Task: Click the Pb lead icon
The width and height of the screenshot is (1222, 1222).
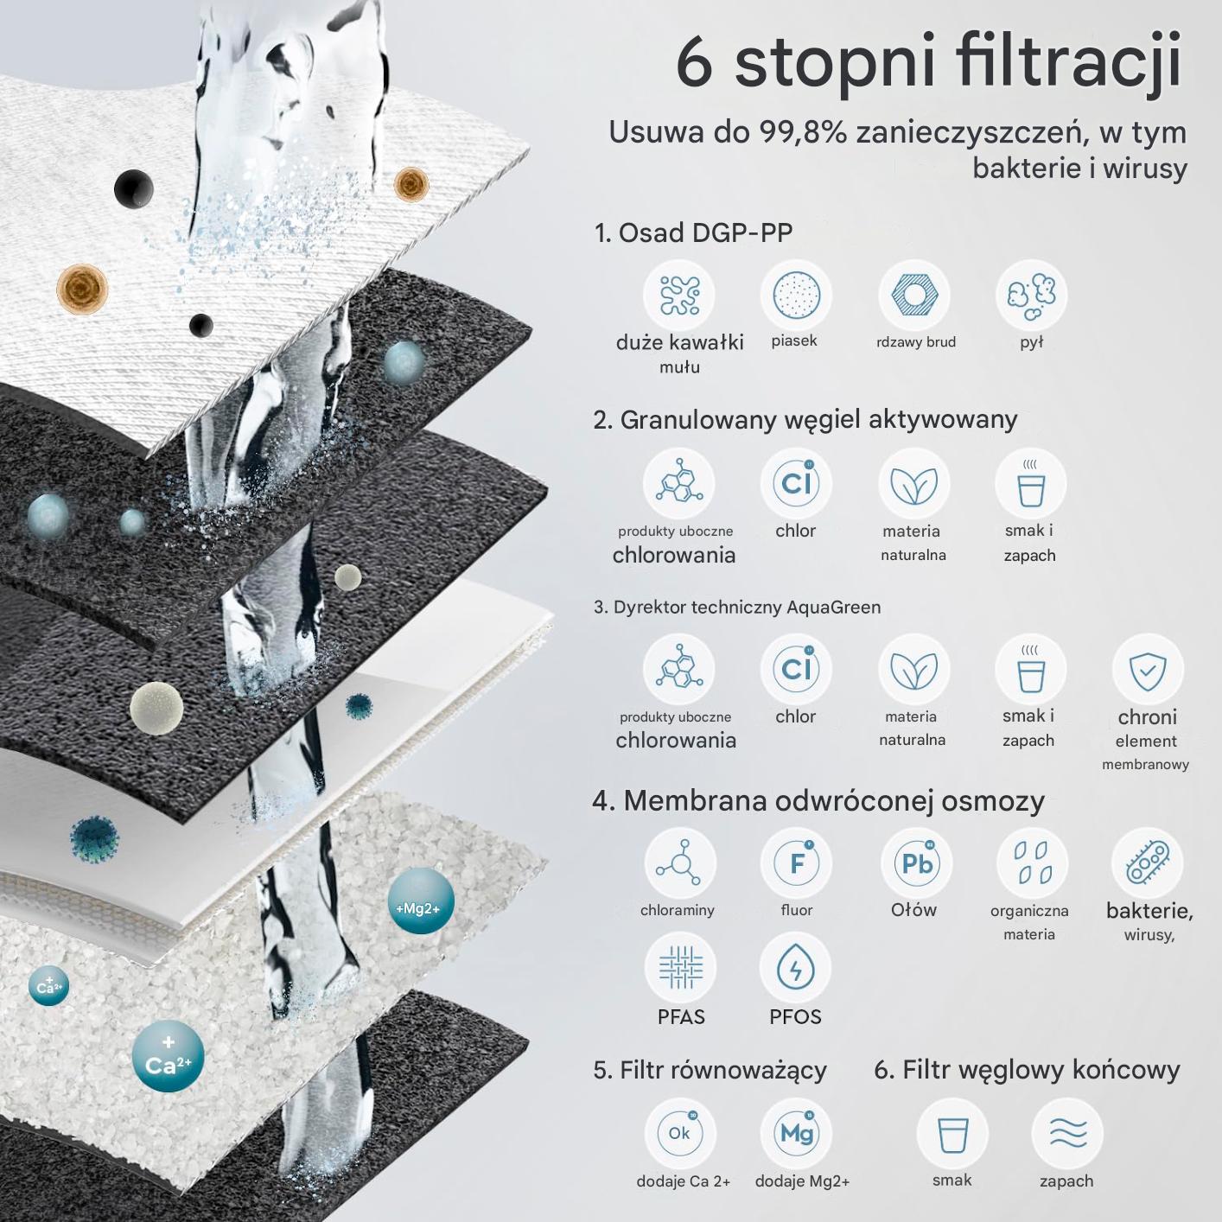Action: click(916, 863)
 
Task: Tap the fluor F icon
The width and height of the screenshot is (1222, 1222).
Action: click(797, 863)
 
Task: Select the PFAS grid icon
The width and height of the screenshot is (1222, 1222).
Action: click(681, 968)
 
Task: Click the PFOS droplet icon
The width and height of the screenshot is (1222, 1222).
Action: click(795, 968)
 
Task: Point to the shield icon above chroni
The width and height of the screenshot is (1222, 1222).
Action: click(1148, 670)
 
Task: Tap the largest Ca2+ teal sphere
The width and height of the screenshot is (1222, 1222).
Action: click(168, 1056)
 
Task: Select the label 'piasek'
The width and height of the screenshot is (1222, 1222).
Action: click(794, 341)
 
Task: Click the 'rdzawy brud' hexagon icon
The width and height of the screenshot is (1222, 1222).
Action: click(913, 296)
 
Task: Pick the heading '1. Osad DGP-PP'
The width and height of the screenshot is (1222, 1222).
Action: click(693, 232)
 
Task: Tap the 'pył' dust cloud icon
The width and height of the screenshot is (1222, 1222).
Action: click(1032, 296)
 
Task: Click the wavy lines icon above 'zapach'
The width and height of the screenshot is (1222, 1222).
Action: click(1067, 1133)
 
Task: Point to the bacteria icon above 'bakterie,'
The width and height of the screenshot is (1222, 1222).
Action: click(1147, 863)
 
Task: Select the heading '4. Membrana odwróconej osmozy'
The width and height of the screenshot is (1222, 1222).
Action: click(818, 800)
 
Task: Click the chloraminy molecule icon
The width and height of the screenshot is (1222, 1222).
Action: click(680, 863)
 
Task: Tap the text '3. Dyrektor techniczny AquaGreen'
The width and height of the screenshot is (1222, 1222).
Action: click(737, 607)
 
